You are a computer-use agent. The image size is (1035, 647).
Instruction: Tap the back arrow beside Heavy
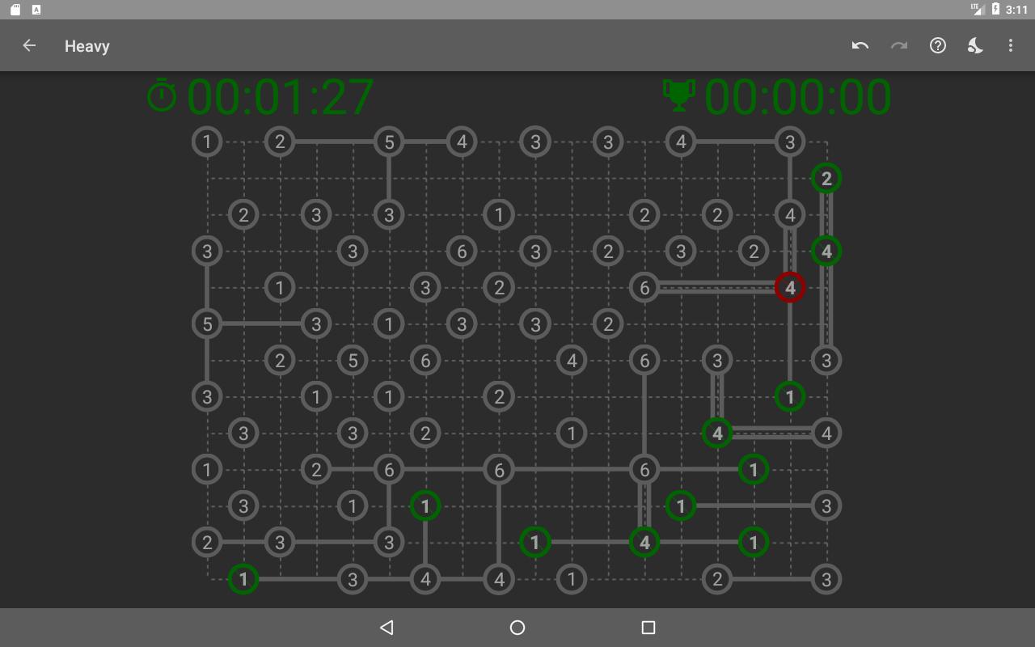click(29, 45)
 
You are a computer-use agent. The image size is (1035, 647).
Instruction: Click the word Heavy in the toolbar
click(87, 46)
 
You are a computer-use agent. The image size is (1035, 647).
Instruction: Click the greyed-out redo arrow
click(898, 45)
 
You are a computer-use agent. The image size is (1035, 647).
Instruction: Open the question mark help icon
click(937, 45)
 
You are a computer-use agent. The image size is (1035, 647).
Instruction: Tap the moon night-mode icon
click(975, 45)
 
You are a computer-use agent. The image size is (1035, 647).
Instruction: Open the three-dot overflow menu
click(1011, 45)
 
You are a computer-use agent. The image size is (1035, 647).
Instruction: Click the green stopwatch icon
click(161, 95)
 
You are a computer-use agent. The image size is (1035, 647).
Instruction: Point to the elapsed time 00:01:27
click(280, 96)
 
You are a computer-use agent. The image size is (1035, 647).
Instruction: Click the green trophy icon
click(678, 95)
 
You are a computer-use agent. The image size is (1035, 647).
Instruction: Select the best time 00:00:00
click(797, 96)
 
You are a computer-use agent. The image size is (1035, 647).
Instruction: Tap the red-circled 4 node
click(790, 287)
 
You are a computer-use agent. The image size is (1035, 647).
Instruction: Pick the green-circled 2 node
click(826, 179)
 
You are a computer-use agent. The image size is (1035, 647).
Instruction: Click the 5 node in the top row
click(389, 142)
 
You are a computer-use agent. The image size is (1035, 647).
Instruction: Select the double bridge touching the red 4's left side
click(717, 287)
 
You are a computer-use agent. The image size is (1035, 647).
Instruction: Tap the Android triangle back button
click(387, 627)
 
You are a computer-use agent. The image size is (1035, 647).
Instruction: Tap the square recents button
click(648, 627)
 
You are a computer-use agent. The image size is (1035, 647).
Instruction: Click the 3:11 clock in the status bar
click(1016, 10)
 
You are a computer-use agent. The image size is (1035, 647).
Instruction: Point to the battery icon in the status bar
click(995, 9)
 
